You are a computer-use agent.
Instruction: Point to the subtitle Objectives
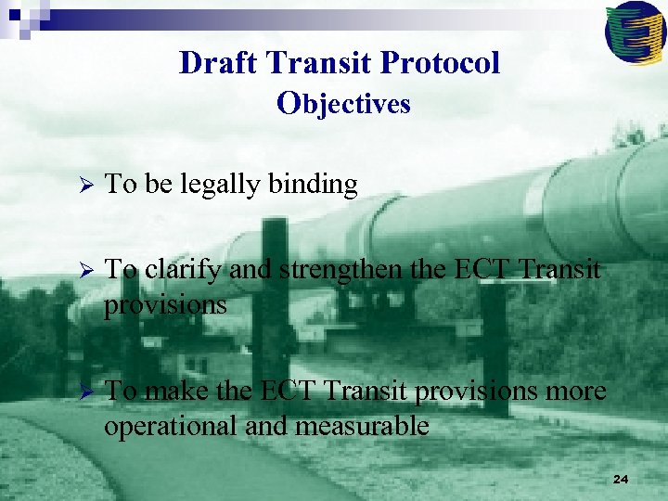343,103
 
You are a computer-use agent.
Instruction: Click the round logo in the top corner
635,32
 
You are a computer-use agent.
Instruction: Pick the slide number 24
621,480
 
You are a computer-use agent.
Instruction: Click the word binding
313,186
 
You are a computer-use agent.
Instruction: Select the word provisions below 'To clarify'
165,304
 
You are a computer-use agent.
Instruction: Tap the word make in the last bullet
175,392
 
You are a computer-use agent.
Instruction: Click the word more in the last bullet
574,392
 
